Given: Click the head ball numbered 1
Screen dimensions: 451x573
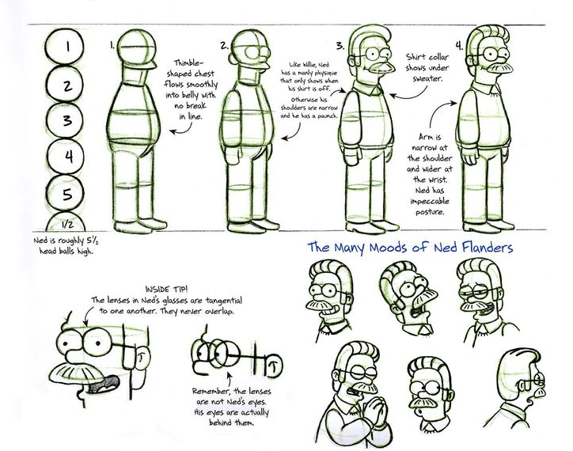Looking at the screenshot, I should click(x=69, y=47).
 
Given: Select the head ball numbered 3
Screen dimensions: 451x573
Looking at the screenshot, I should click(x=69, y=120).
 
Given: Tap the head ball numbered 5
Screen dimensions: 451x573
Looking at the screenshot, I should click(x=69, y=193).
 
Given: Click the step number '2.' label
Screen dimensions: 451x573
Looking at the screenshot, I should click(x=225, y=45).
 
